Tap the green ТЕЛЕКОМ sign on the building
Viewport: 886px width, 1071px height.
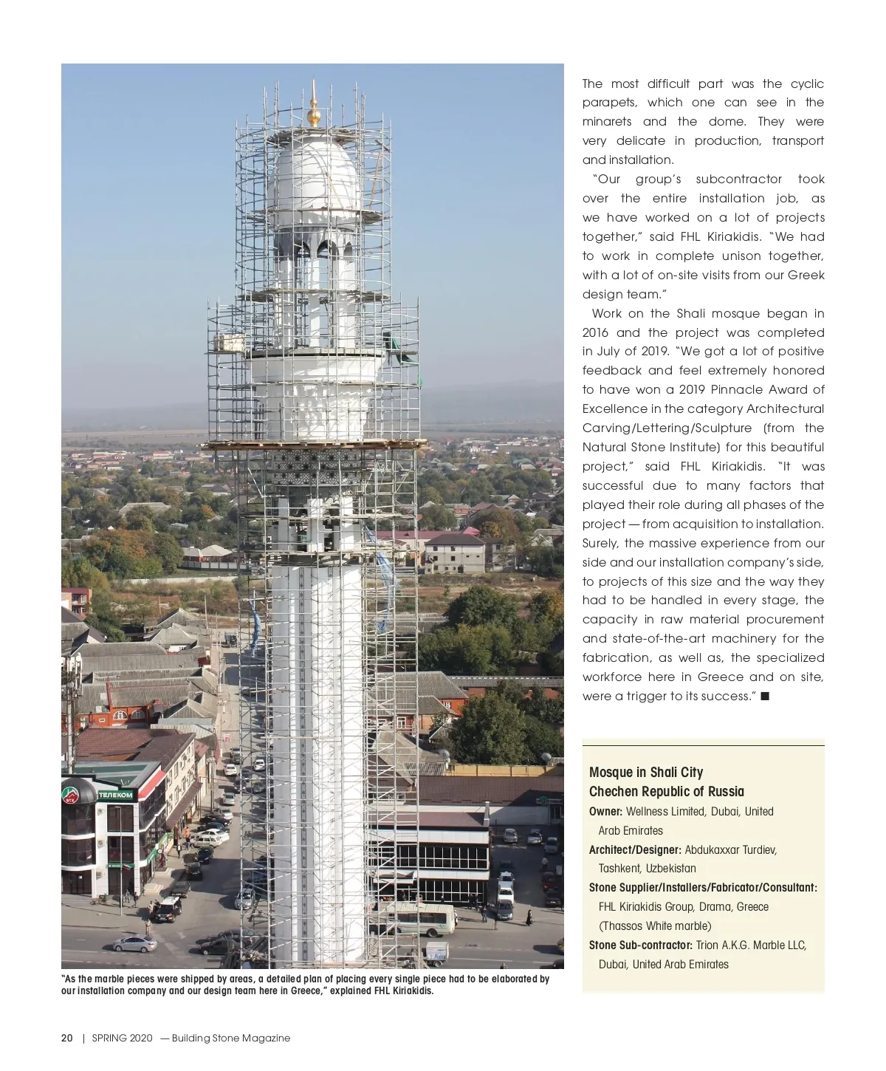[116, 795]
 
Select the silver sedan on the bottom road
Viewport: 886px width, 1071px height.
[134, 943]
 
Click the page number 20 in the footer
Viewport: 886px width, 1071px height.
[66, 1038]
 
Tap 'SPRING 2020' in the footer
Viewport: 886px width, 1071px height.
[122, 1038]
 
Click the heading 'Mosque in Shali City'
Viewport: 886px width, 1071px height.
[645, 772]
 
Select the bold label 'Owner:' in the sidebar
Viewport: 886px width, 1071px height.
[605, 811]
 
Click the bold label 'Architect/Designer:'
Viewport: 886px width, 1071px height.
[635, 849]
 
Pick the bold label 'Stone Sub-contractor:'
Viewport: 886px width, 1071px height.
[640, 945]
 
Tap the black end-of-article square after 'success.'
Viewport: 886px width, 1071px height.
[765, 696]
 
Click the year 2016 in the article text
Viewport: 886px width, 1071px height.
[595, 332]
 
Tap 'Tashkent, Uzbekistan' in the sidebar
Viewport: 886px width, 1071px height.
[647, 868]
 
